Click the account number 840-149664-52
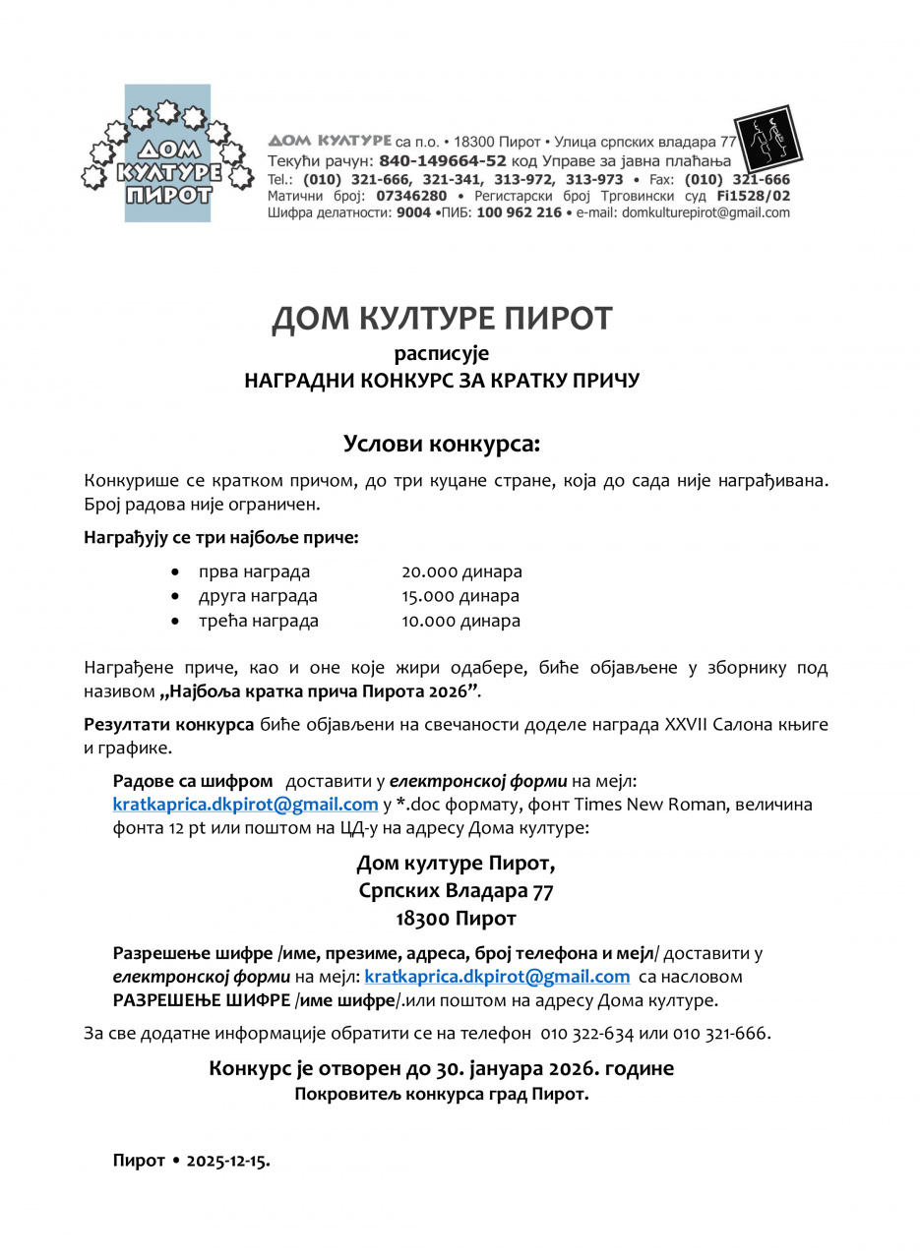click(443, 160)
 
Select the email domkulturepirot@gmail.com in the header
click(705, 211)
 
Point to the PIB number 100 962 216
click(520, 211)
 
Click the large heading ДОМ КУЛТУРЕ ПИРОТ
click(442, 319)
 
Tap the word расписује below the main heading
click(442, 353)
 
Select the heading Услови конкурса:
click(442, 444)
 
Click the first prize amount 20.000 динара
click(461, 571)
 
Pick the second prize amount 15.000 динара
click(460, 596)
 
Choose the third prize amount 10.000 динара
click(460, 621)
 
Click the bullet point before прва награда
click(175, 571)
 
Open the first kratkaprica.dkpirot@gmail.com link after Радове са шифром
click(245, 805)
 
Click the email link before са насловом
click(497, 977)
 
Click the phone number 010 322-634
click(587, 1033)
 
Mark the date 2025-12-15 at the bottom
click(234, 1161)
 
